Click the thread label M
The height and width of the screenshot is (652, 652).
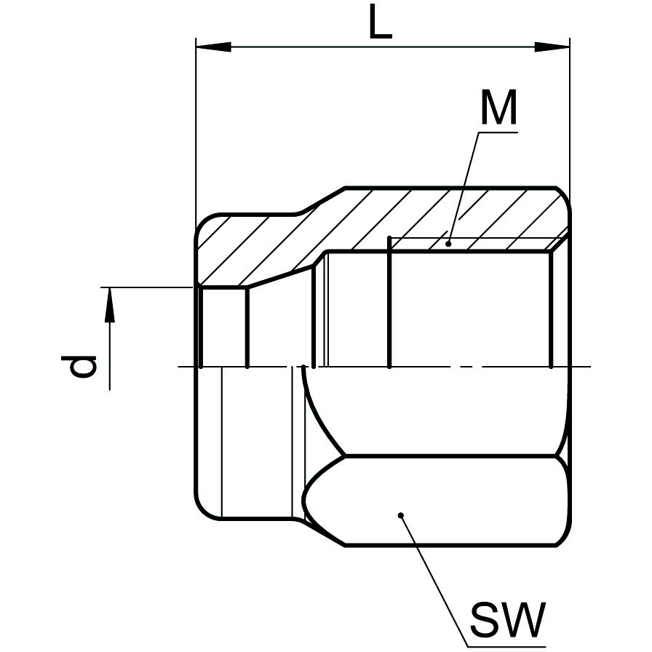(498, 107)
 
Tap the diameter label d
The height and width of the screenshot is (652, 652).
(79, 366)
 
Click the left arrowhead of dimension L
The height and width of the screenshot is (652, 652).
(213, 47)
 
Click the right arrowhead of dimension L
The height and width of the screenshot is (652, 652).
(552, 47)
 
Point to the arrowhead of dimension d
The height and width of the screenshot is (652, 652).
(109, 305)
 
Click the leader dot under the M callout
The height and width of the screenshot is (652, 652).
(448, 244)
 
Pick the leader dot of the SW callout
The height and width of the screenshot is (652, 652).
(401, 516)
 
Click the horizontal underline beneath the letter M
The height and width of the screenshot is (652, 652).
(498, 132)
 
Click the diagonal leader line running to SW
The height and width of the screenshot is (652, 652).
(434, 581)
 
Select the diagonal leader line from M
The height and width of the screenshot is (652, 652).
(464, 188)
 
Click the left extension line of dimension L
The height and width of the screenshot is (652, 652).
(196, 133)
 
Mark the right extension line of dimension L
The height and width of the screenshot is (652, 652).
(570, 121)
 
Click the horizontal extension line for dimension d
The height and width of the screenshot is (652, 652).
(147, 287)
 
